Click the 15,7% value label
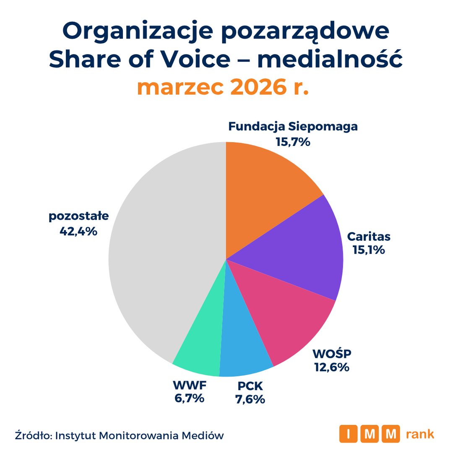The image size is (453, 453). click(293, 142)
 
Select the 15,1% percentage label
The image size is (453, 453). click(368, 250)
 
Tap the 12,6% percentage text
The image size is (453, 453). click(332, 367)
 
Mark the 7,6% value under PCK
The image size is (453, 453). click(250, 399)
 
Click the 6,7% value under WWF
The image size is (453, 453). click(189, 398)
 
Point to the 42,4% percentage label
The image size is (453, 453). click(78, 231)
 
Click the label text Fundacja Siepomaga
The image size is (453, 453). click(293, 127)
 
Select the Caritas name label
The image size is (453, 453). click(369, 237)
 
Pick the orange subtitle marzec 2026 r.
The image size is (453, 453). click(223, 87)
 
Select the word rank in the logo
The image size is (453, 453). click(420, 434)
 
